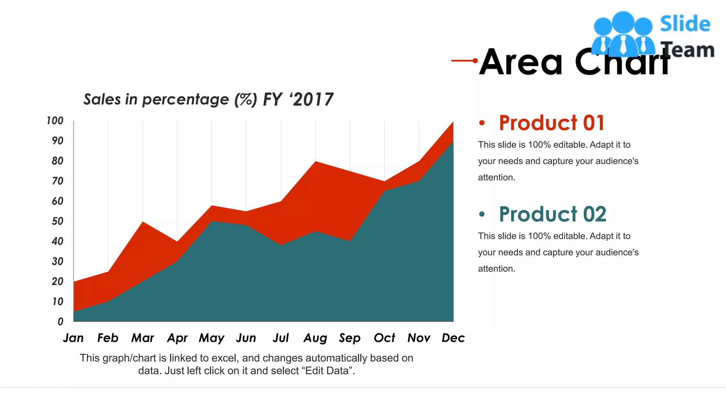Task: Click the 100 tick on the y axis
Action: [x=55, y=121]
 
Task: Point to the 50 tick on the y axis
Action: [x=57, y=221]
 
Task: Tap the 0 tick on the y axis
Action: [x=60, y=322]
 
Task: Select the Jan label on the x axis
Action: [x=73, y=338]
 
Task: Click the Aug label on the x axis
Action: [x=315, y=338]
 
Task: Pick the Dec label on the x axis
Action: [x=453, y=338]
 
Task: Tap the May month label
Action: [x=212, y=338]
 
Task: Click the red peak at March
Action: [x=143, y=222]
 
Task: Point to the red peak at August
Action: [x=315, y=162]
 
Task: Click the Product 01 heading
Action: [x=551, y=123]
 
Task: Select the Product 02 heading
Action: [x=552, y=214]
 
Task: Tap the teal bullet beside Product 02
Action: [x=481, y=214]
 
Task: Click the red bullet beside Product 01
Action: [x=481, y=123]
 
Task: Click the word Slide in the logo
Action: [x=685, y=24]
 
